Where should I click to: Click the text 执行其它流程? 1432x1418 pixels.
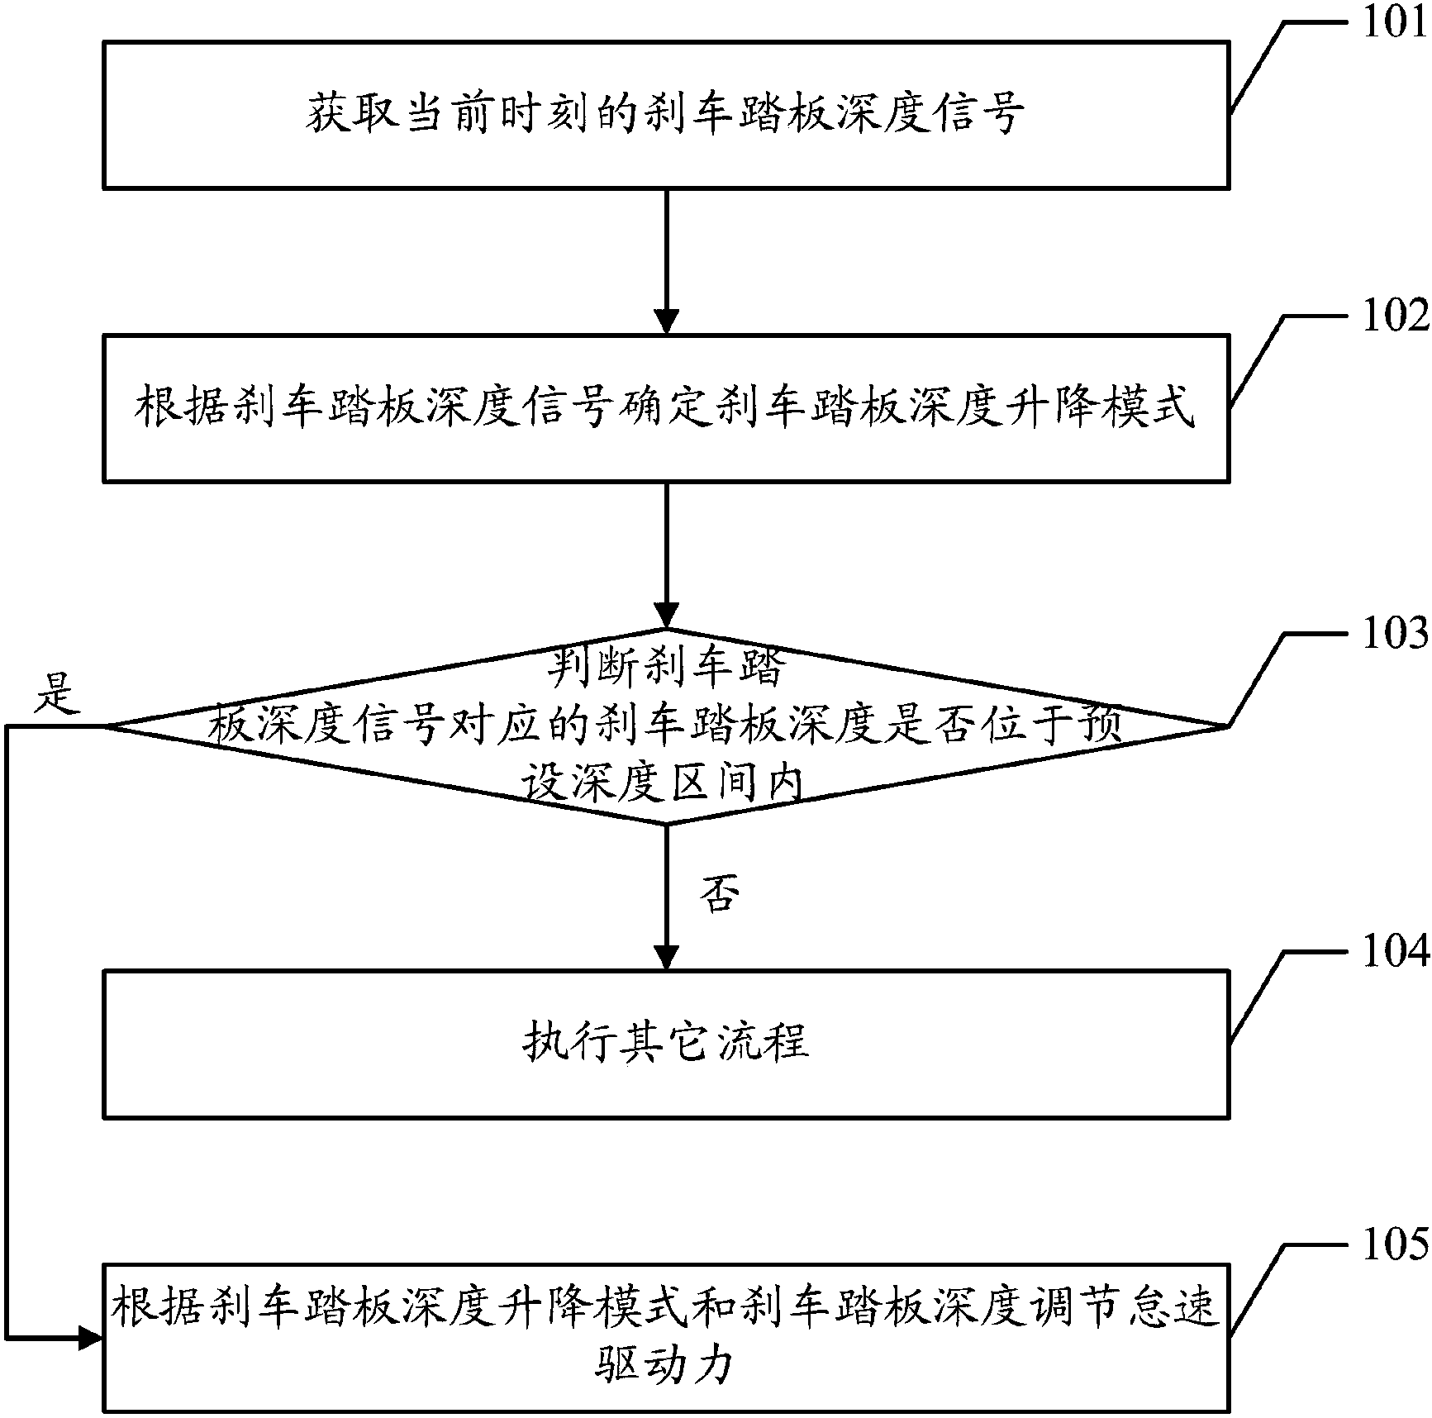tap(666, 1043)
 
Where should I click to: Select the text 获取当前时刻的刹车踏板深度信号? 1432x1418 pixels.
tap(666, 114)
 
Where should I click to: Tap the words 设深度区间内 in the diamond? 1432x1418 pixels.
tap(660, 783)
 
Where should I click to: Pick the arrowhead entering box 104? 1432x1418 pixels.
tap(666, 957)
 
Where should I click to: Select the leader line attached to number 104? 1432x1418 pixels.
tap(1256, 996)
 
